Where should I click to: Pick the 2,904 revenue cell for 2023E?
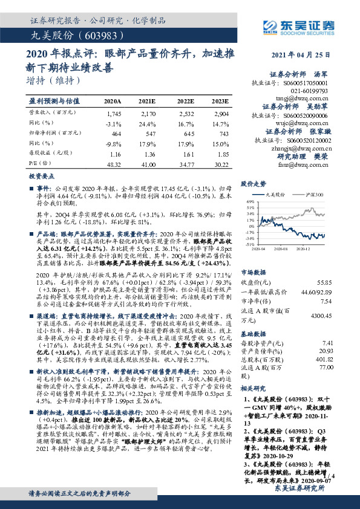click(x=220, y=114)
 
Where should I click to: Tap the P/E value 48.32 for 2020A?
click(x=113, y=164)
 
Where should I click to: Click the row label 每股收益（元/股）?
click(x=47, y=154)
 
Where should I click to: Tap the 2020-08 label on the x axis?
click(x=281, y=248)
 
